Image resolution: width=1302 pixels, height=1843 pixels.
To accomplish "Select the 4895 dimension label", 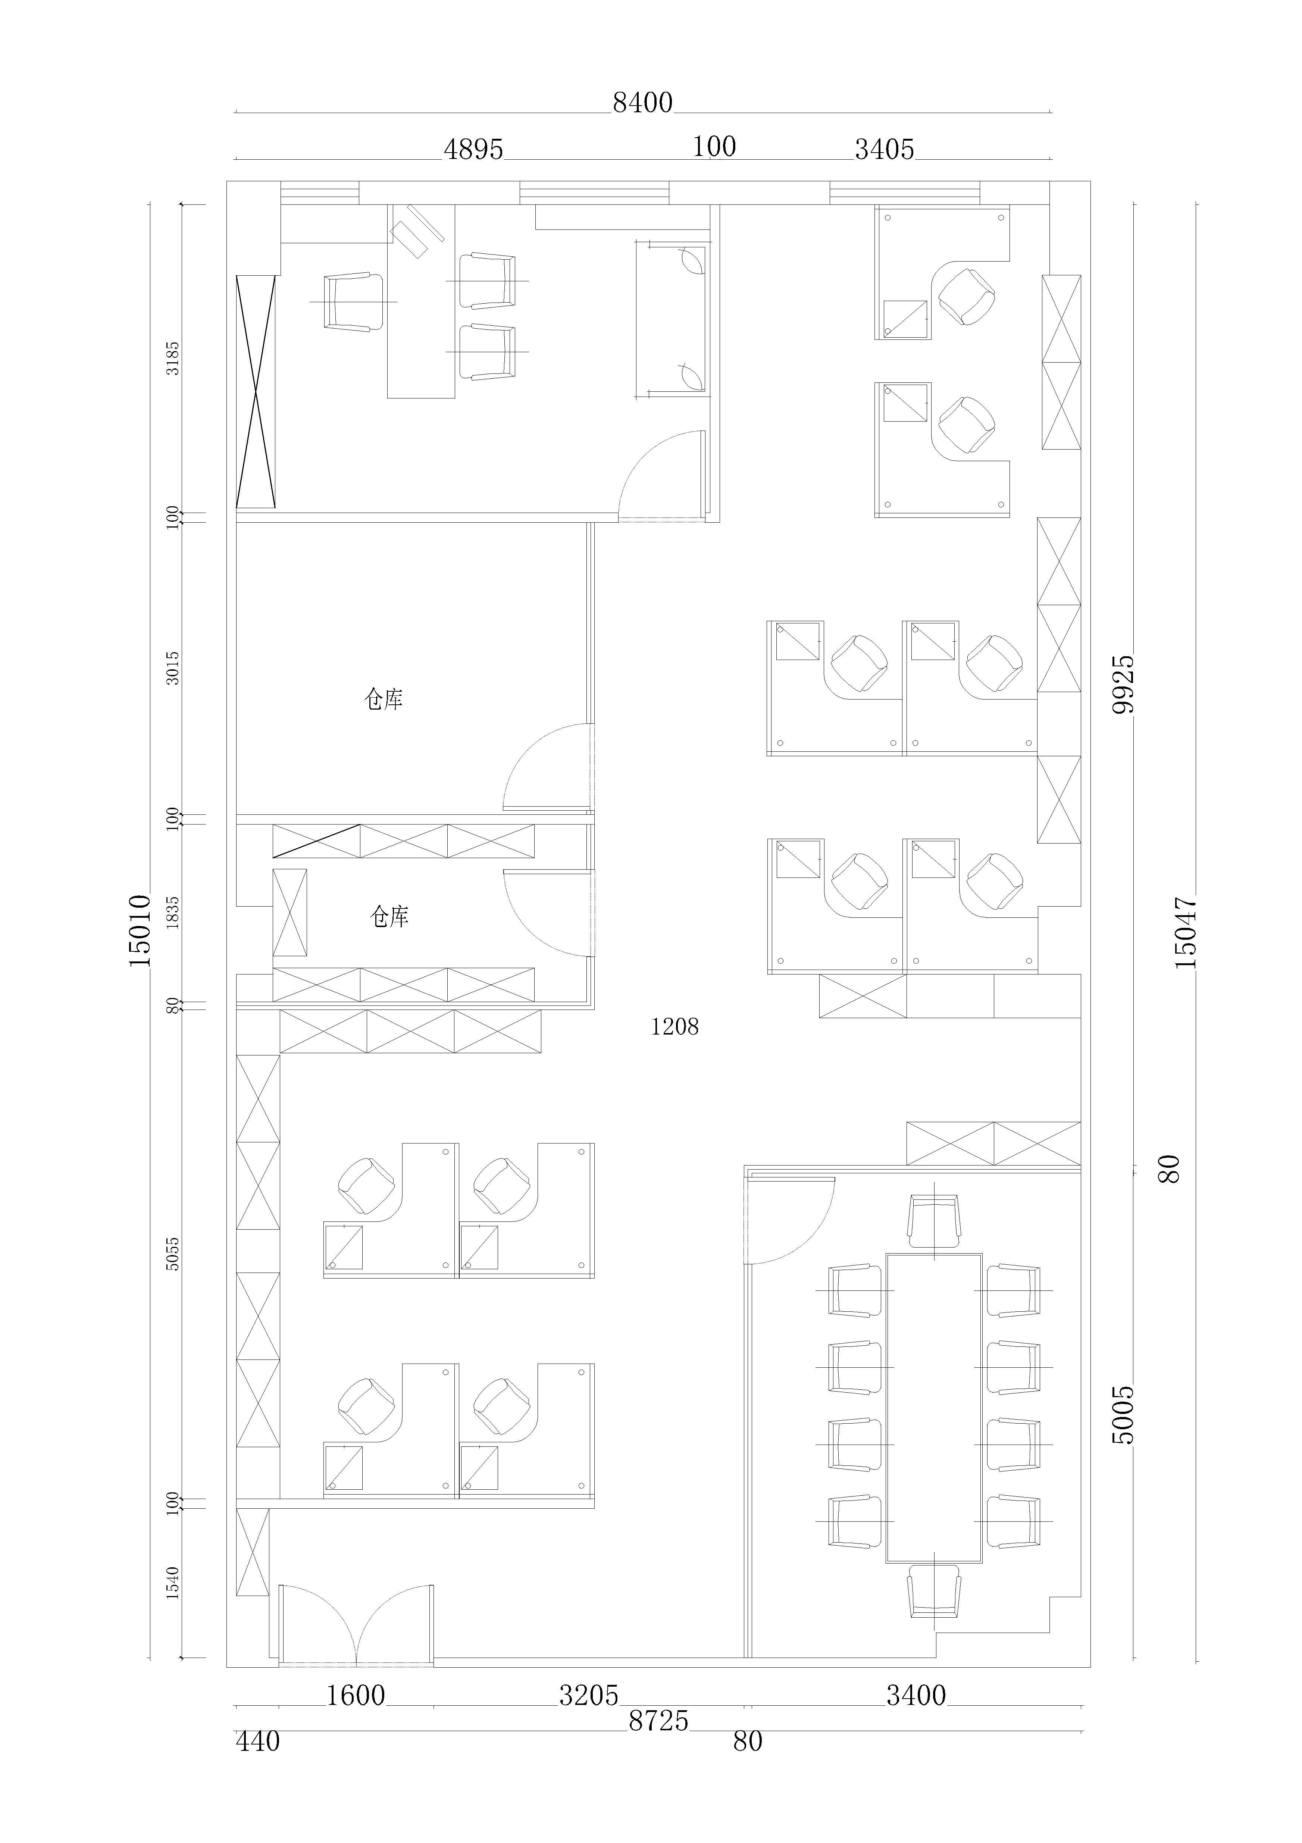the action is click(473, 149).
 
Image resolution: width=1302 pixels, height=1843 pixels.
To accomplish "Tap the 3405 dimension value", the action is click(885, 149).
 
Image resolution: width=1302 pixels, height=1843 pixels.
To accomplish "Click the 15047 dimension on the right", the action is click(1186, 932).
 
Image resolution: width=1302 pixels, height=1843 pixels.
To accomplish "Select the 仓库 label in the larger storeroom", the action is click(384, 700).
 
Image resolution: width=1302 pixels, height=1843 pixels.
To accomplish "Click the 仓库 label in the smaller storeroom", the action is click(389, 917).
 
